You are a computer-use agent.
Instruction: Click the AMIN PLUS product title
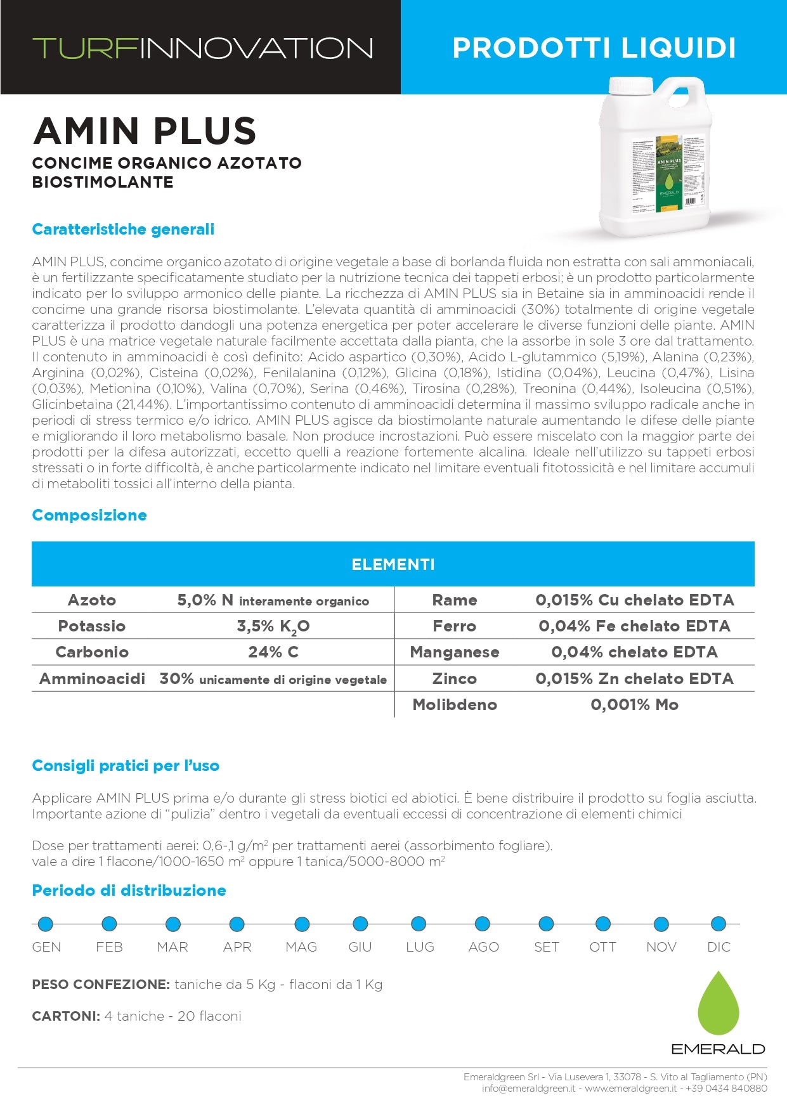(x=145, y=131)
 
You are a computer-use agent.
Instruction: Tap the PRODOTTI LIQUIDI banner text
(x=594, y=48)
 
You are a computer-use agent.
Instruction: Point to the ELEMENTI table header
(x=393, y=564)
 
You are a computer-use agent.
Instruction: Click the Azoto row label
(x=92, y=600)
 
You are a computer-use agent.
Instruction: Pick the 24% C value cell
(x=273, y=652)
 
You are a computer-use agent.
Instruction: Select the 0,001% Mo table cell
(x=634, y=704)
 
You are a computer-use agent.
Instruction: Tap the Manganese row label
(x=455, y=652)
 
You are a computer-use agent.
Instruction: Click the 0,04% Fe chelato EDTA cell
(x=634, y=626)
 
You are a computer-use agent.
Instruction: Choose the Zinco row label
(x=455, y=678)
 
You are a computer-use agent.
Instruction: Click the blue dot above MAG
(x=302, y=924)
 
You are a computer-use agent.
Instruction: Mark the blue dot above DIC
(x=719, y=924)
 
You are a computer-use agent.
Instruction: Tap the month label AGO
(x=483, y=947)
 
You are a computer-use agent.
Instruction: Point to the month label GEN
(x=46, y=947)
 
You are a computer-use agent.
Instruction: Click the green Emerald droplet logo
(x=719, y=1005)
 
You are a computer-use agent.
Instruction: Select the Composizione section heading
(x=89, y=515)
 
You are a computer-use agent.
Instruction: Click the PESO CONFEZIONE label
(x=101, y=984)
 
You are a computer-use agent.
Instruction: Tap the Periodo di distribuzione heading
(x=129, y=890)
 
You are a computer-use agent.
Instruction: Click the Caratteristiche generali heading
(x=123, y=229)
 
